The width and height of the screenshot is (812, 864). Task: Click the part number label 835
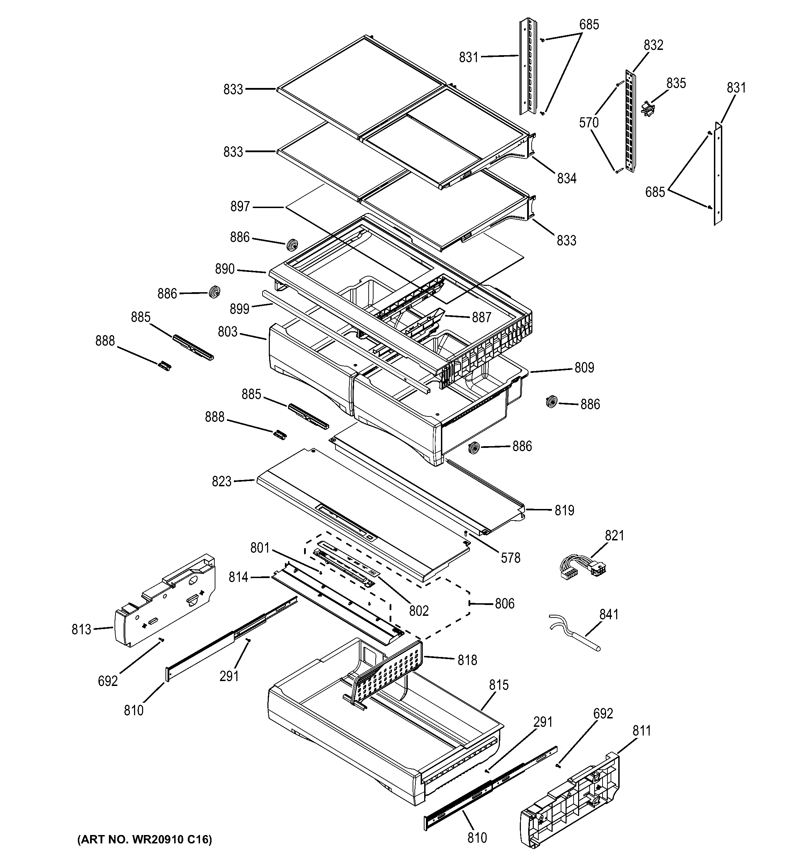click(676, 83)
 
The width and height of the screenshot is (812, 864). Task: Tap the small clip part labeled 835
click(647, 108)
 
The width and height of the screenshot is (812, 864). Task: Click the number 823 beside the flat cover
click(222, 481)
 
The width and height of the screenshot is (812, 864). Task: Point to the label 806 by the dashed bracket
click(505, 604)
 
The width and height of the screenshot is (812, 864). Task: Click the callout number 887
click(482, 318)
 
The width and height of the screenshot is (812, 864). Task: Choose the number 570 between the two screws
click(589, 123)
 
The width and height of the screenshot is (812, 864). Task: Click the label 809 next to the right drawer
click(584, 368)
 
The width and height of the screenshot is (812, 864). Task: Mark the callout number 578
click(510, 558)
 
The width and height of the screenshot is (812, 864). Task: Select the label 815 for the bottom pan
click(499, 685)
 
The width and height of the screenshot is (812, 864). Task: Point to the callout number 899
click(240, 309)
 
